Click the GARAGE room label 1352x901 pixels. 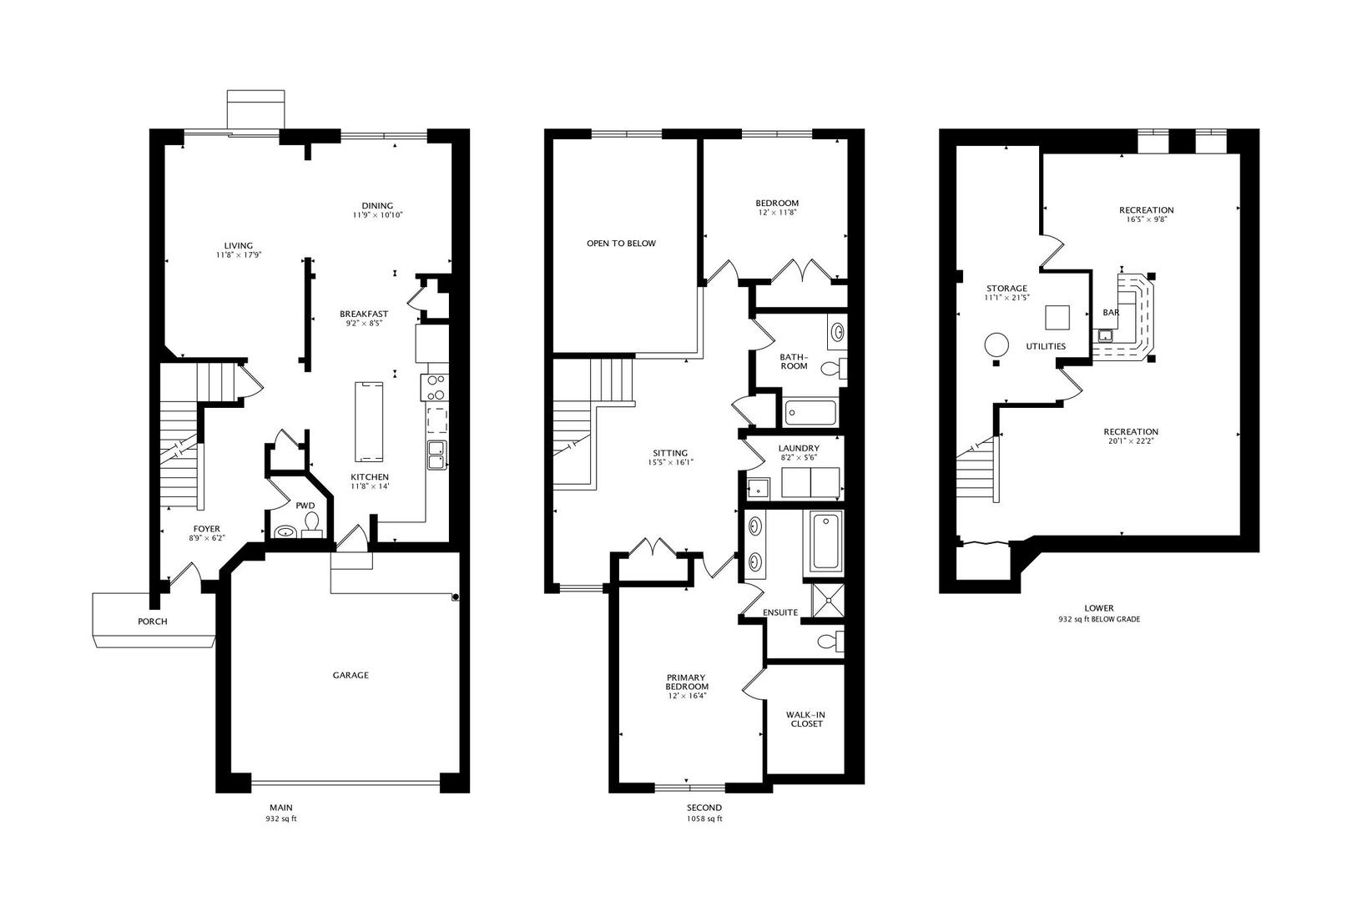click(350, 675)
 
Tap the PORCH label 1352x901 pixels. click(152, 621)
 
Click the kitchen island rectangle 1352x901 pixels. click(368, 421)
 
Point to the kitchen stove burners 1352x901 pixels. click(435, 387)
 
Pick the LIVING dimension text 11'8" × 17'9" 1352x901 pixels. click(239, 255)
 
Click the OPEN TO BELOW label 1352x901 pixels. click(621, 244)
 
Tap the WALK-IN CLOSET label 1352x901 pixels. click(805, 719)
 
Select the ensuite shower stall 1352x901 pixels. click(828, 601)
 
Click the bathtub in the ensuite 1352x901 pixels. click(824, 541)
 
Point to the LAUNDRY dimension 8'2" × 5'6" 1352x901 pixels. click(799, 457)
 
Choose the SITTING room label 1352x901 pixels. click(670, 453)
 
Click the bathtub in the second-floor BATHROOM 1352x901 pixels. click(810, 413)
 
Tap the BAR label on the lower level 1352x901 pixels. click(1111, 313)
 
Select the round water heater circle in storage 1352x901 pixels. click(996, 345)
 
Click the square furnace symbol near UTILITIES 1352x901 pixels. click(1057, 317)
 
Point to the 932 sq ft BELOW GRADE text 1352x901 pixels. click(1099, 619)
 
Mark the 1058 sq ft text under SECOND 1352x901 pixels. click(704, 819)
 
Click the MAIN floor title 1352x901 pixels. click(280, 808)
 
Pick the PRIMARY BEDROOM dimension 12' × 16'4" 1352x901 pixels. click(687, 695)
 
